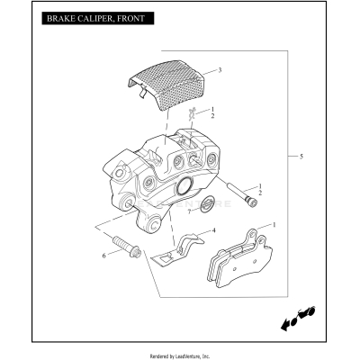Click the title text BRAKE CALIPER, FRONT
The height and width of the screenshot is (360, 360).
click(x=90, y=17)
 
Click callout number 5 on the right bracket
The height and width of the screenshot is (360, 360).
click(x=301, y=157)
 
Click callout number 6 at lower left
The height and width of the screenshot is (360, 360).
click(x=104, y=256)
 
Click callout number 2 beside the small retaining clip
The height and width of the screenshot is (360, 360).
click(x=212, y=116)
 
